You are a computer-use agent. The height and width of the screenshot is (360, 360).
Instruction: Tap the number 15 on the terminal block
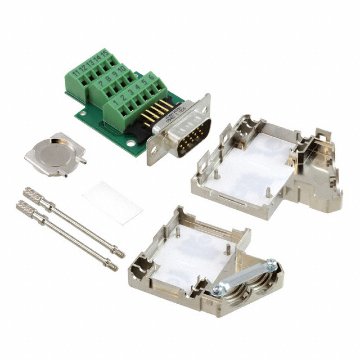coord(104,55)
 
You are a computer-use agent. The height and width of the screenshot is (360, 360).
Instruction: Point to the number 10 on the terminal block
coord(121,71)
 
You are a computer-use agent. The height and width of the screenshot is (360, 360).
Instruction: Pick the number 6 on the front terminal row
coord(152,79)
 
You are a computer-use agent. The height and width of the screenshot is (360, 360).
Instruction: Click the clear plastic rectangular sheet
coord(112,202)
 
